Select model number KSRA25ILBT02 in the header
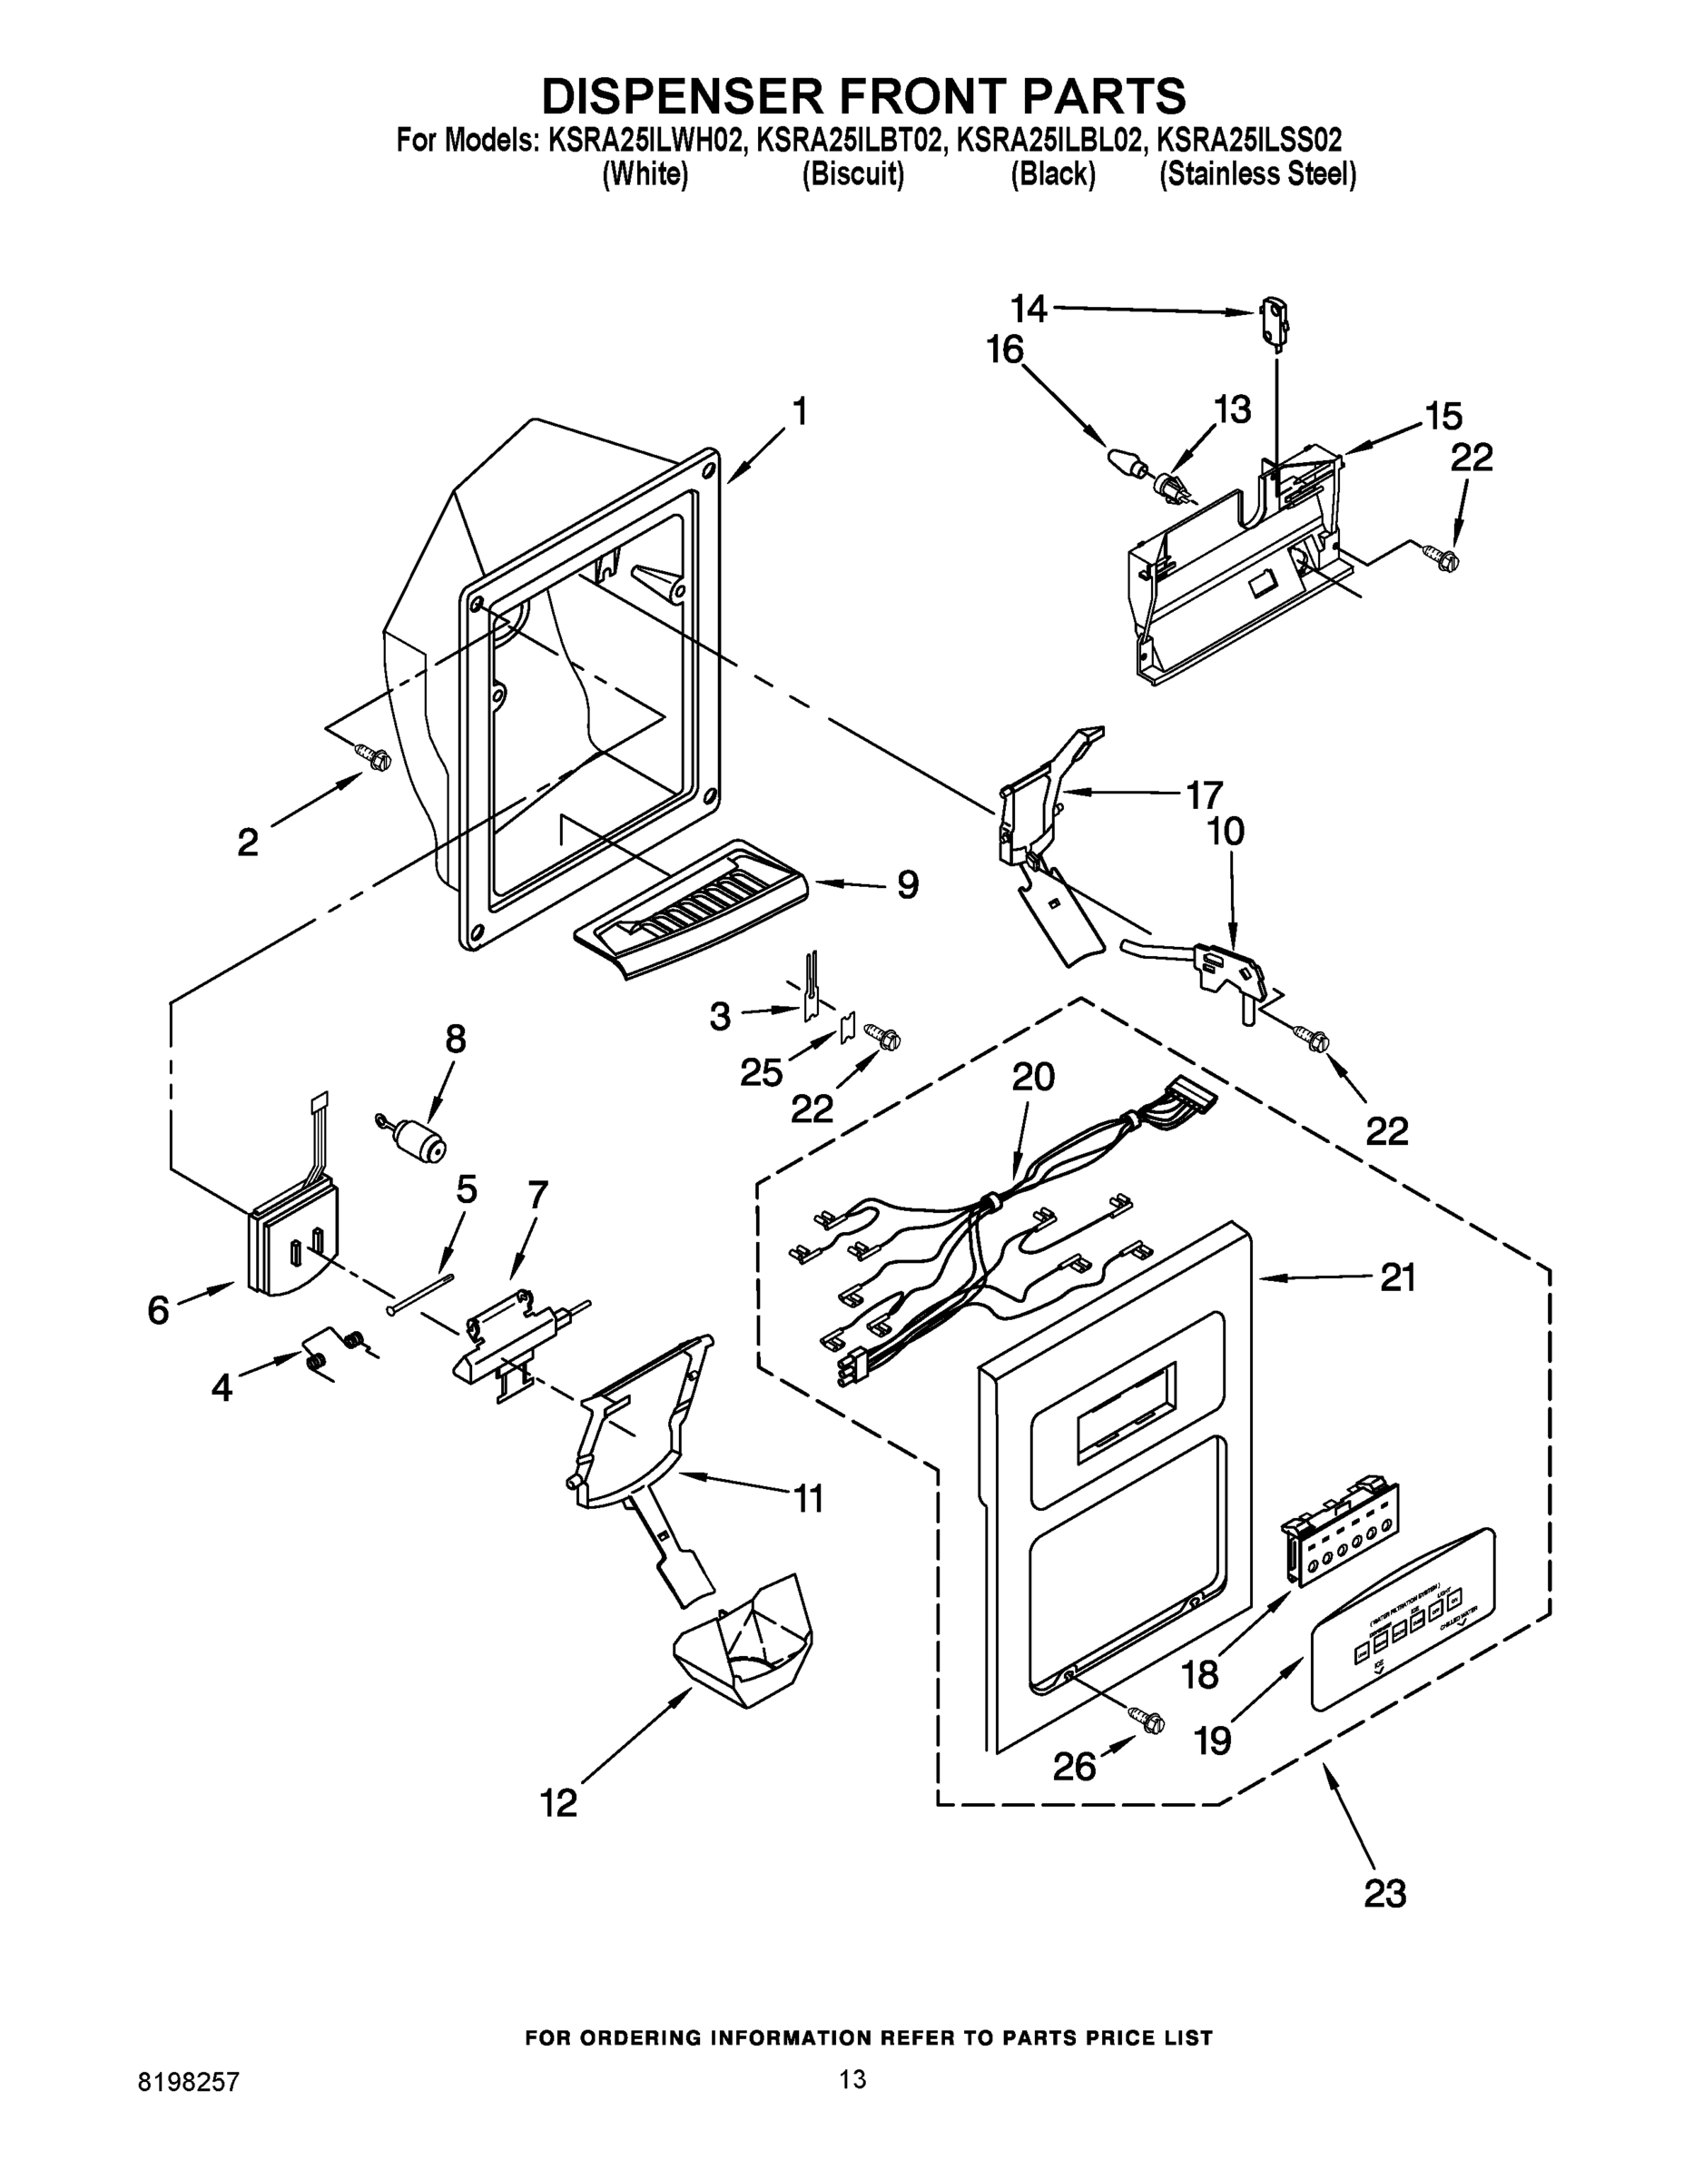[x=849, y=141]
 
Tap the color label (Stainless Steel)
[x=1257, y=174]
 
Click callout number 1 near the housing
[x=798, y=412]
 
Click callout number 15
[x=1443, y=415]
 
